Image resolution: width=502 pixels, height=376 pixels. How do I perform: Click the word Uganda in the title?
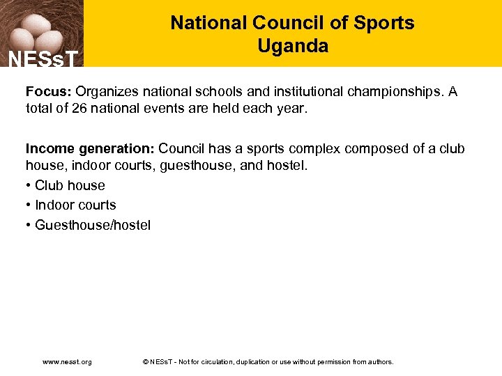(292, 47)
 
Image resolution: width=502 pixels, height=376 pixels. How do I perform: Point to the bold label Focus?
(49, 92)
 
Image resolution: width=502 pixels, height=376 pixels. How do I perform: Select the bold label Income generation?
(91, 149)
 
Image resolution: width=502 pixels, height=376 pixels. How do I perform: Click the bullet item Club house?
(69, 185)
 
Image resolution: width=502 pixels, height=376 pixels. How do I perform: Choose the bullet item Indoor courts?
(75, 205)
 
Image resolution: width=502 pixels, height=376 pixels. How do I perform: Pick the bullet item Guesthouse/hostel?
(92, 225)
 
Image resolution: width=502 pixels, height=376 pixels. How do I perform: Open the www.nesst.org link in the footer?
(67, 362)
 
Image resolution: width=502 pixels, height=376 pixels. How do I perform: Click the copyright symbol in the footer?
(145, 362)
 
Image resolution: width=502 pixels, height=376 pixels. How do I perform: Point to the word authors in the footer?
(379, 362)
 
